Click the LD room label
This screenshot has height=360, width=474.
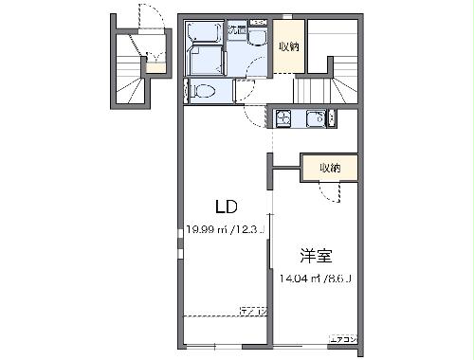click(x=225, y=207)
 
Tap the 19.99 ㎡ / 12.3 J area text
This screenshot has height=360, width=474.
click(x=225, y=228)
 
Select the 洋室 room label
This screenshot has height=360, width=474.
click(x=317, y=256)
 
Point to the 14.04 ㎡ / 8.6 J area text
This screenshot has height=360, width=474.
click(x=317, y=278)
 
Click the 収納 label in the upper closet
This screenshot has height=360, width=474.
click(x=289, y=46)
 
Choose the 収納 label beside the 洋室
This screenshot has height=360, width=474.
click(x=330, y=167)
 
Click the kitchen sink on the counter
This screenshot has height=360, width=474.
click(x=316, y=118)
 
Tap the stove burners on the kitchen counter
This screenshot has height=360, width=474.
click(x=284, y=118)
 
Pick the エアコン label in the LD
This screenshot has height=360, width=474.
click(x=252, y=311)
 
